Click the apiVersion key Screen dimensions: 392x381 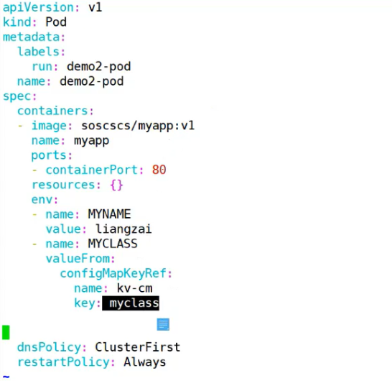click(x=38, y=7)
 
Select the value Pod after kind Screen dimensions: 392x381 click(x=56, y=22)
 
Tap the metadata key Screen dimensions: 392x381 click(x=32, y=37)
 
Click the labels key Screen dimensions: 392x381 click(x=38, y=52)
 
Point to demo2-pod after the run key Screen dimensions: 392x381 click(x=99, y=67)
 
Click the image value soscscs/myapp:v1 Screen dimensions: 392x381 click(x=138, y=126)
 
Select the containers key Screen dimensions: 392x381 click(x=52, y=111)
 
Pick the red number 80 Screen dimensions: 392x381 click(x=159, y=170)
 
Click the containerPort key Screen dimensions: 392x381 click(x=91, y=170)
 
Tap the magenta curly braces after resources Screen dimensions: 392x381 click(x=116, y=185)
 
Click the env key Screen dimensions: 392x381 click(x=42, y=200)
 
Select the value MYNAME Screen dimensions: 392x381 click(x=109, y=214)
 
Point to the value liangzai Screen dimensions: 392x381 click(x=123, y=229)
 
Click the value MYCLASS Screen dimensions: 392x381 click(x=113, y=244)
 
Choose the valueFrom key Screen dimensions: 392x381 click(x=78, y=259)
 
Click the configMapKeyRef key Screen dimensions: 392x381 click(x=113, y=273)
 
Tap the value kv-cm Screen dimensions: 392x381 click(x=134, y=288)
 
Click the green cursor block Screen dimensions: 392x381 click(x=6, y=332)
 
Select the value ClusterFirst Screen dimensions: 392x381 click(x=138, y=347)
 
